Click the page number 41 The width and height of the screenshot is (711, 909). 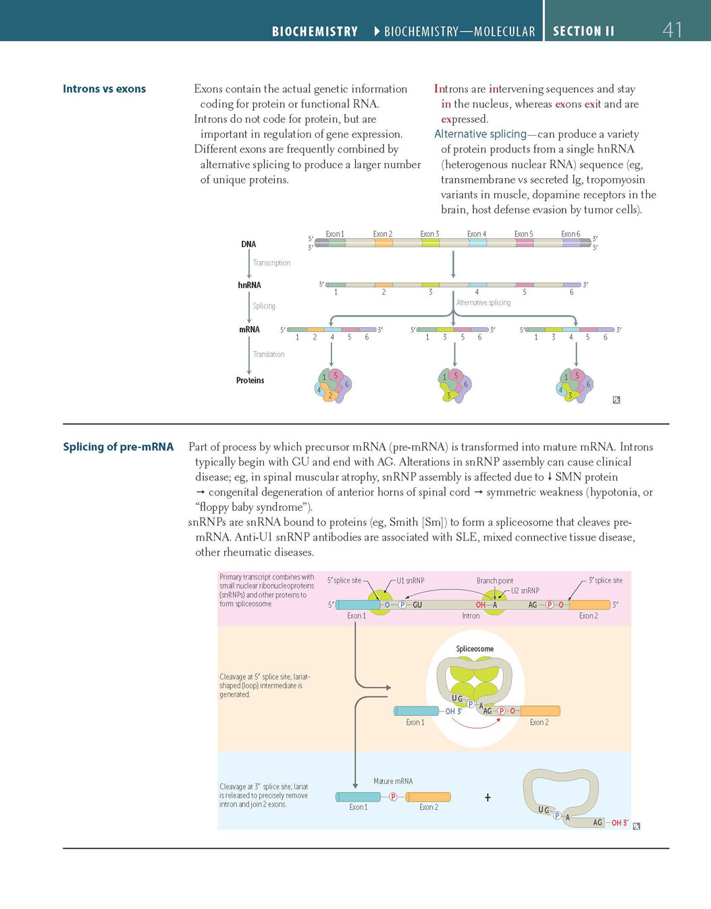click(672, 30)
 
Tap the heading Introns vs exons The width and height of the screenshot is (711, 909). click(104, 89)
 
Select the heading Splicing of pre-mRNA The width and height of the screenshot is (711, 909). click(118, 447)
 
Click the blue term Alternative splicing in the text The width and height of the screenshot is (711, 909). click(480, 134)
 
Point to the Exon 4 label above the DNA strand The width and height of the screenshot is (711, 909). click(477, 234)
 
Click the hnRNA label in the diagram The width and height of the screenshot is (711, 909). click(249, 285)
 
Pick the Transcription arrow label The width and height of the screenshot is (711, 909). click(271, 263)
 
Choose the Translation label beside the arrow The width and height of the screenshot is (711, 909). click(269, 354)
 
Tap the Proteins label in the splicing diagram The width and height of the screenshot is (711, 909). click(250, 381)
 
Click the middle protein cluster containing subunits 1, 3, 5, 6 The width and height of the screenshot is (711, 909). click(454, 386)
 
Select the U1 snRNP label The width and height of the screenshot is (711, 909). click(411, 580)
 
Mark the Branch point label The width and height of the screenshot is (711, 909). click(495, 581)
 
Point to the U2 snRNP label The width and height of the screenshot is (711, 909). click(525, 591)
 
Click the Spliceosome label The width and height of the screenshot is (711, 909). click(475, 649)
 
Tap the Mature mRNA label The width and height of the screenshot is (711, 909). click(393, 781)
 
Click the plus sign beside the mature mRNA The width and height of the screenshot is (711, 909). click(488, 798)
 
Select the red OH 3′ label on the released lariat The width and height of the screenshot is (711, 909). click(620, 823)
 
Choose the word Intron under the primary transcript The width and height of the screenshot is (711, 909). click(471, 616)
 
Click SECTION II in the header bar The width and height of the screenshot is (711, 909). click(583, 31)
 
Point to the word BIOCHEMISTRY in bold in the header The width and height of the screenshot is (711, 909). click(315, 32)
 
